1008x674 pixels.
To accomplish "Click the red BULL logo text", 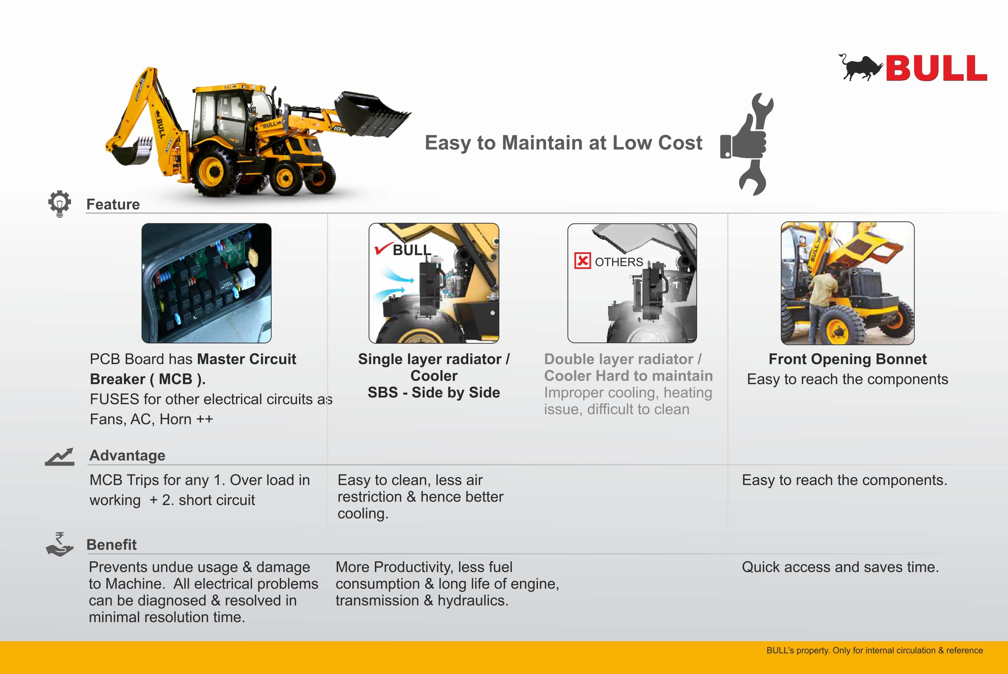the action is point(936,68).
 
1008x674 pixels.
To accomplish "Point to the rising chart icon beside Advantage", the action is point(60,457).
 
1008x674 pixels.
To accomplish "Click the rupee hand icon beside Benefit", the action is point(60,544).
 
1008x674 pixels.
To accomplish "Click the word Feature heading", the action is point(113,204).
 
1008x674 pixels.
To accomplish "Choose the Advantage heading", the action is point(127,455).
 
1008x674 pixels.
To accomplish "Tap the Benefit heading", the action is point(112,545).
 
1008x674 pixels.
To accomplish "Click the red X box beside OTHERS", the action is point(582,261).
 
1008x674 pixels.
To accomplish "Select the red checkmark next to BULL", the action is point(382,248).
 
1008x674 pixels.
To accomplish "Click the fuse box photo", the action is point(207,283).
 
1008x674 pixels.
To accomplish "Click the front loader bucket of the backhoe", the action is point(372,114).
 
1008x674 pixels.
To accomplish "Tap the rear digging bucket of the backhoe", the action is point(129,150).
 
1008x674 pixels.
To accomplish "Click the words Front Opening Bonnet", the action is point(847,359).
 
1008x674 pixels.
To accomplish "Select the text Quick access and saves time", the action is point(840,567).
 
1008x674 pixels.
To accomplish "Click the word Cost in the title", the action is point(680,143).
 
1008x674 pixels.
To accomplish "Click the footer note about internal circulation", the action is point(874,650).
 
